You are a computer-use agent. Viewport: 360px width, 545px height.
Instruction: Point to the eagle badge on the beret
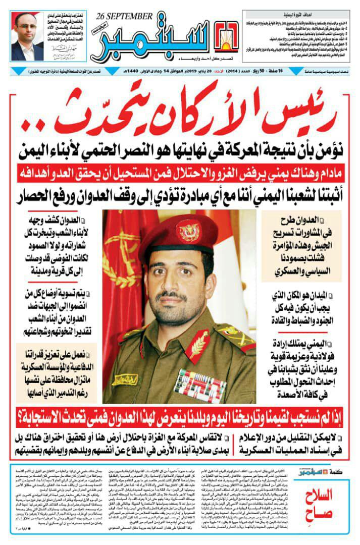click(x=188, y=231)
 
